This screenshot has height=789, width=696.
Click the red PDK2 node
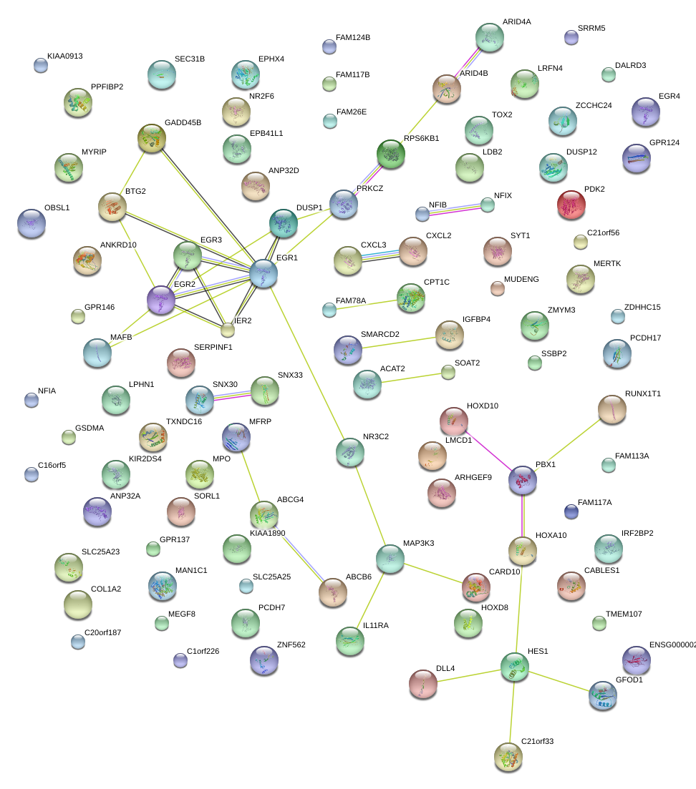(x=571, y=205)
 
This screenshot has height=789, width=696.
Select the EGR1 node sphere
(x=264, y=273)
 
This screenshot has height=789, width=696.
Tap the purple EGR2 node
(x=161, y=300)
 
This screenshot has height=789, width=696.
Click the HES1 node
(x=514, y=667)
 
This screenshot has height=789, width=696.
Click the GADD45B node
(x=152, y=138)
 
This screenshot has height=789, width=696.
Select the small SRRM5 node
(x=571, y=38)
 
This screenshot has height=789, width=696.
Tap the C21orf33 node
(x=508, y=757)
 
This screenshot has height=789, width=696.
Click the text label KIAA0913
(x=65, y=55)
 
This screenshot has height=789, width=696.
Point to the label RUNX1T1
(x=642, y=393)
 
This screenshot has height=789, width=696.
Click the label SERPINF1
(x=213, y=347)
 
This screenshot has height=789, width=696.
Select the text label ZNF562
(x=291, y=645)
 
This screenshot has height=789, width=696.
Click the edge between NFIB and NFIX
(x=455, y=209)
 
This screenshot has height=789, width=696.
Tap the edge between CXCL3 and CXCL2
(x=380, y=255)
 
